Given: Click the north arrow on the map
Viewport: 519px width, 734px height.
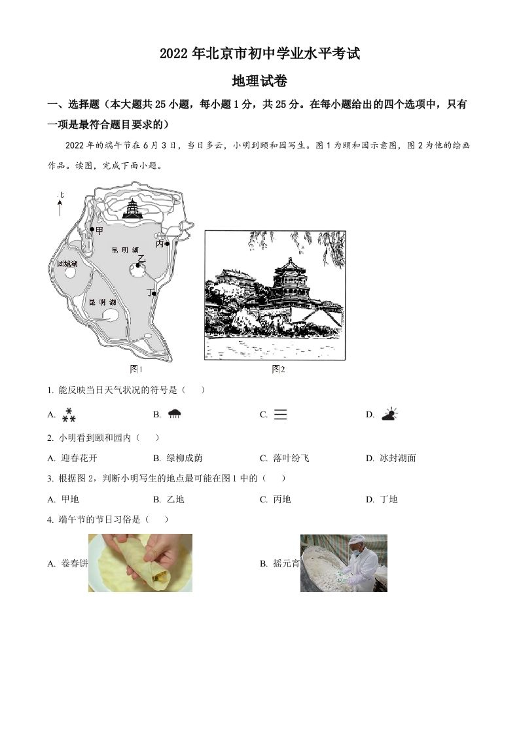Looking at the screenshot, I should click(x=60, y=207).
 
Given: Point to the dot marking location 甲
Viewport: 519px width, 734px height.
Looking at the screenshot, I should click(x=92, y=230).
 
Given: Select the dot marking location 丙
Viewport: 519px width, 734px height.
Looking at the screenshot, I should click(x=168, y=244).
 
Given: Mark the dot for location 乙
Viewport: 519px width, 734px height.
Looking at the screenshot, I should click(x=138, y=265).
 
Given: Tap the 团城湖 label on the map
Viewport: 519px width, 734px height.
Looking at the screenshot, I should click(x=67, y=264).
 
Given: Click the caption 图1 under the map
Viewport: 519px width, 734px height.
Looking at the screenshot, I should click(x=136, y=370).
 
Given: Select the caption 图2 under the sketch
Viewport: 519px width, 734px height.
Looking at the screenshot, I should click(x=278, y=370).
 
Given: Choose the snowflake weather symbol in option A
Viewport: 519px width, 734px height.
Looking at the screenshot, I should click(x=69, y=414).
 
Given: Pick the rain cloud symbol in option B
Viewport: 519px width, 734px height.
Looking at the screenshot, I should click(x=174, y=413).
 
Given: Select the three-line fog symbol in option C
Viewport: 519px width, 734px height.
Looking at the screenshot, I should click(x=280, y=414).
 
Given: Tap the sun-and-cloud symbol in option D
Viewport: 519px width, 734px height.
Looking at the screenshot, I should click(x=389, y=413).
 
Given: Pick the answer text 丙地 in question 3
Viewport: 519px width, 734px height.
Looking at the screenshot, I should click(x=281, y=499).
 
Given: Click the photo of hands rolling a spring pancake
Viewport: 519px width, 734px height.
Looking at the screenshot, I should click(x=140, y=563).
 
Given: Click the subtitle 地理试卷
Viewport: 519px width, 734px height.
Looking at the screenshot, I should click(x=259, y=82).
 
